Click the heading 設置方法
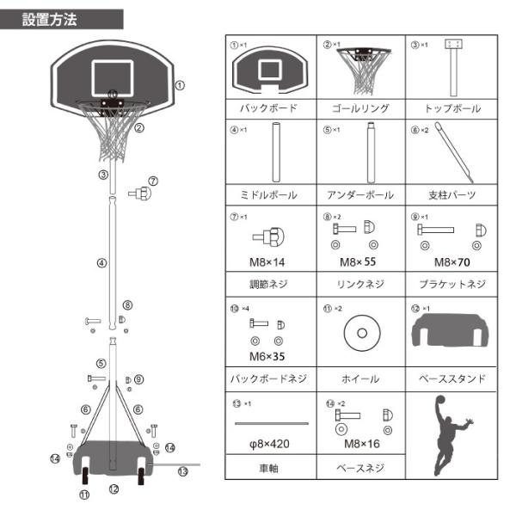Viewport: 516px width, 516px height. (50, 19)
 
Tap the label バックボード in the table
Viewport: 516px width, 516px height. (269, 109)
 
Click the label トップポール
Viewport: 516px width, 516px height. (452, 109)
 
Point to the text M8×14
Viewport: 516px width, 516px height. (269, 260)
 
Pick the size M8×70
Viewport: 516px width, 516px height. (452, 260)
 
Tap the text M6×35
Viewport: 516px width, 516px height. (269, 353)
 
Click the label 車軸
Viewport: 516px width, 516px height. (269, 470)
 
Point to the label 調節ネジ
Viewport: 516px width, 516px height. (269, 283)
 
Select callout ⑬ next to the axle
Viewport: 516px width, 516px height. (182, 471)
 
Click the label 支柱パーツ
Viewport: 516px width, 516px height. (452, 195)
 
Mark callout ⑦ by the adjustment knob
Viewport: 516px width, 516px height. (153, 181)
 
